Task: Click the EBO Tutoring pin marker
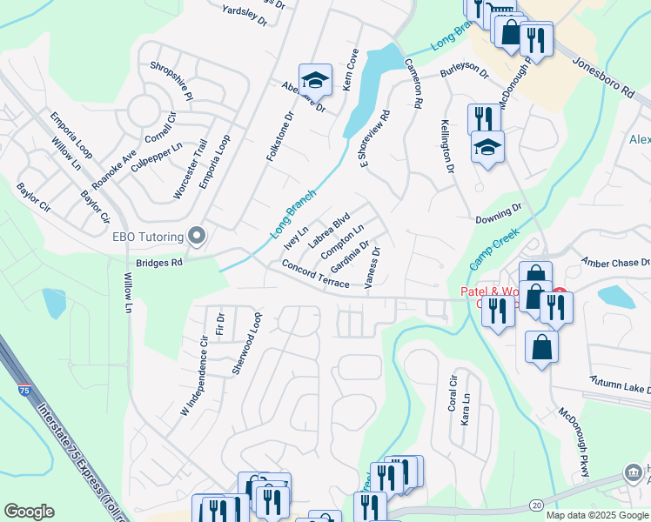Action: [197, 236]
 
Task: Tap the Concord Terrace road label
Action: [315, 274]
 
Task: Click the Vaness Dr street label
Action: [373, 268]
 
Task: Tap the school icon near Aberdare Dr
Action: [315, 81]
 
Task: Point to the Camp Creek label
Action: [493, 248]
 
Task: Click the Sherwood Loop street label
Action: [245, 343]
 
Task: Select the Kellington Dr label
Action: [447, 145]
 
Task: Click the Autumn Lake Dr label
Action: [620, 387]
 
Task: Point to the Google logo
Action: [29, 512]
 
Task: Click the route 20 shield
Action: [535, 505]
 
